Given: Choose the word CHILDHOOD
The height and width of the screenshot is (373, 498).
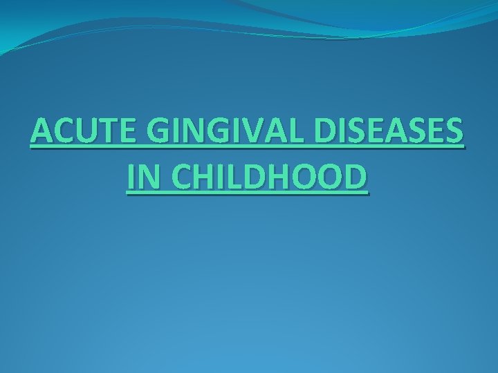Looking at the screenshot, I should click(x=270, y=178).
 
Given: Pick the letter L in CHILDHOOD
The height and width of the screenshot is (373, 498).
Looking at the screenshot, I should click(x=232, y=178).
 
